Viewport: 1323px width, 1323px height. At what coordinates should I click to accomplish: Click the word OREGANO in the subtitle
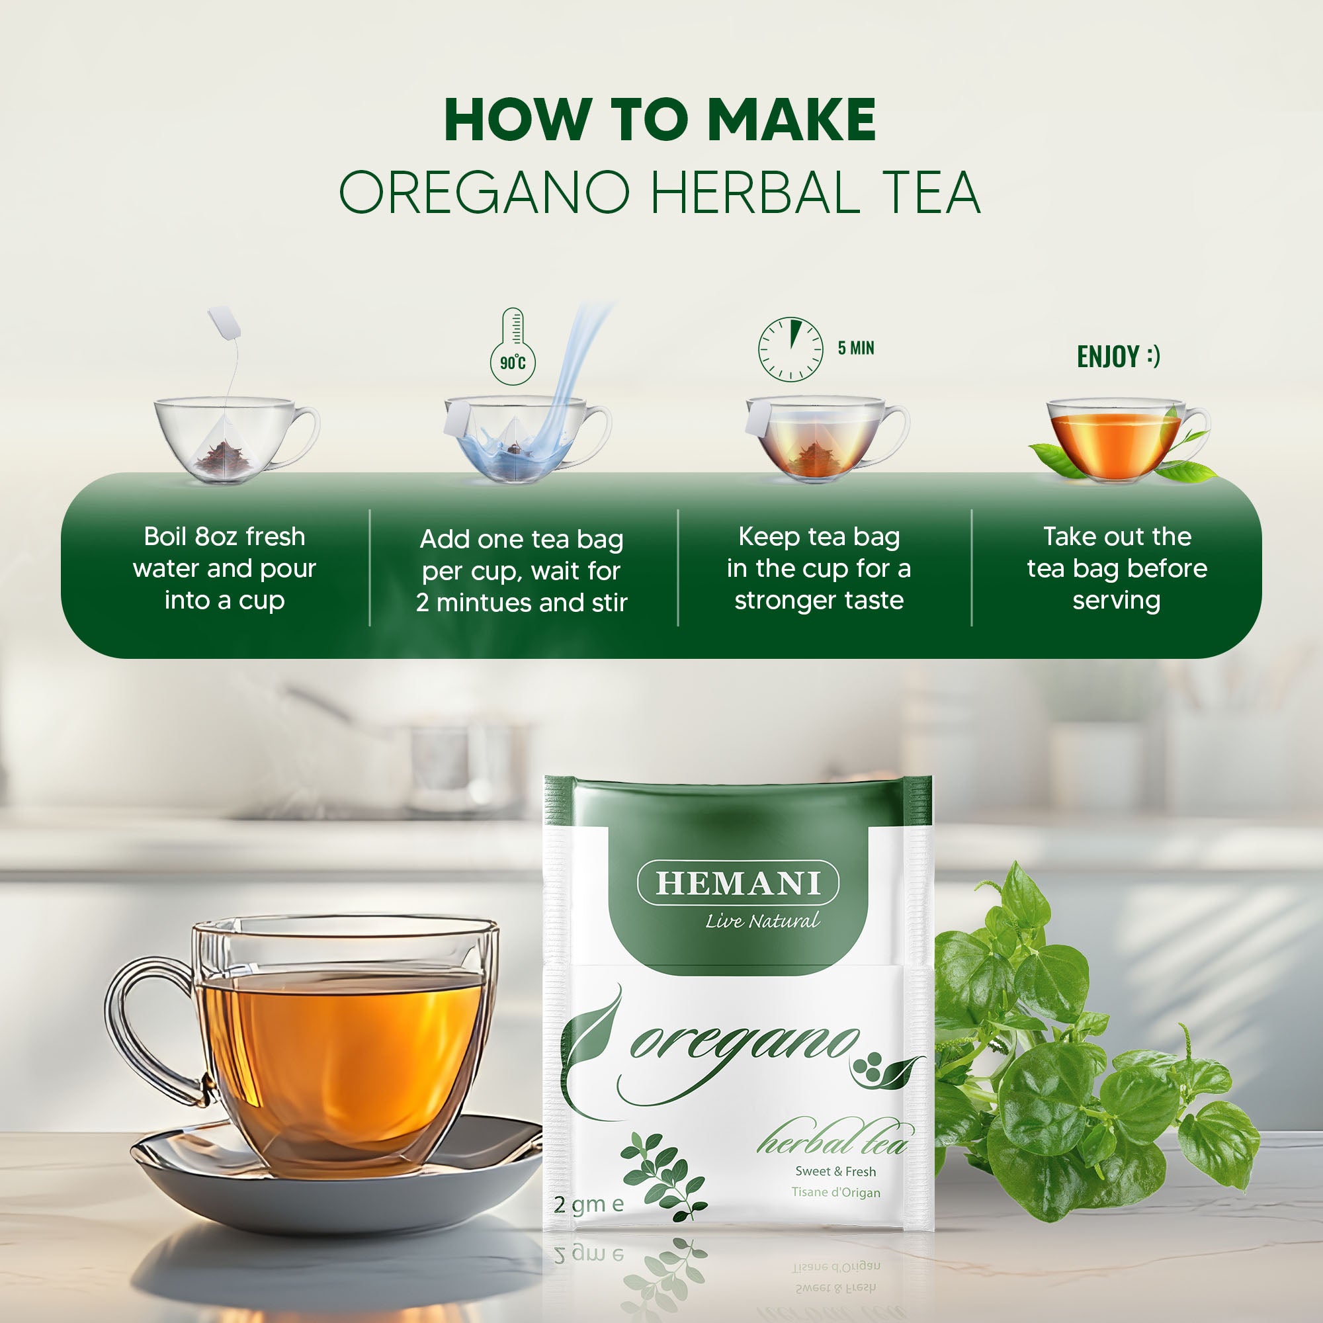point(484,192)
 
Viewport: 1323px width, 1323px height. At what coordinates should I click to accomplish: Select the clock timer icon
point(790,349)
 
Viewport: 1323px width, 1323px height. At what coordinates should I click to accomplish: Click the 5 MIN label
point(855,348)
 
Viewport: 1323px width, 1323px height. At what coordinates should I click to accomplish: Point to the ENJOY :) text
point(1117,356)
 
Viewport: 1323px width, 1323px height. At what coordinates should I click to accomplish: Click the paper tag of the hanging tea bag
point(224,323)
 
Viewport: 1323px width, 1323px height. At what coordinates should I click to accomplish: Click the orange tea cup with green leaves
point(1116,442)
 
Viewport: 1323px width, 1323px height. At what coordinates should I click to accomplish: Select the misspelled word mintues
point(485,603)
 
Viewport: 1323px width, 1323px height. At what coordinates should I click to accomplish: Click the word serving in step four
point(1116,601)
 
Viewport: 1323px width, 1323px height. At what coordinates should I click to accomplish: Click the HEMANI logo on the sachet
point(738,883)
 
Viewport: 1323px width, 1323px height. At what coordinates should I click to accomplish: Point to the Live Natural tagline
point(761,921)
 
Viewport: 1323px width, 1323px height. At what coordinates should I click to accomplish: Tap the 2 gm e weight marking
point(588,1203)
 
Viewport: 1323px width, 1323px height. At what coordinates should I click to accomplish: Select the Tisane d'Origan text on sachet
point(835,1192)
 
